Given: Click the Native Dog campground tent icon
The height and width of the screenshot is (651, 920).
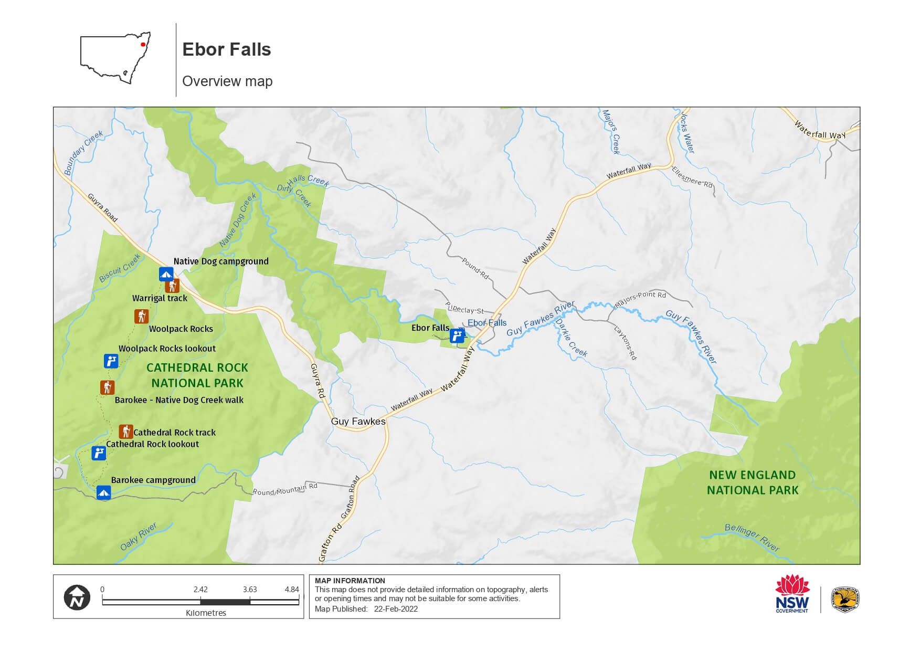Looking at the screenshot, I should point(166,274).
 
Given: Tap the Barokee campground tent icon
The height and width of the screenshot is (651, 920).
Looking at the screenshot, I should point(103,492).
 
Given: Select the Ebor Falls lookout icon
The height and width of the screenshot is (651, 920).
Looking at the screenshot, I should point(457,335).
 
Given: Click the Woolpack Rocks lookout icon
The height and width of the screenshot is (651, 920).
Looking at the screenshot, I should point(111,361).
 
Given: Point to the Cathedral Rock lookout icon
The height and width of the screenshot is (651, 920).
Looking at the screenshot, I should point(99,453).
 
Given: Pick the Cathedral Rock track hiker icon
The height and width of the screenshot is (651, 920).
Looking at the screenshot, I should point(125,432).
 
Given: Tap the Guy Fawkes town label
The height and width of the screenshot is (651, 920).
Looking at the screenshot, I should point(358,421).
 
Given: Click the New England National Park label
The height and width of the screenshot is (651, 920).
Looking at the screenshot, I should point(753,482).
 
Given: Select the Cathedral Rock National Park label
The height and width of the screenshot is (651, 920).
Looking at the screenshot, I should point(197,375).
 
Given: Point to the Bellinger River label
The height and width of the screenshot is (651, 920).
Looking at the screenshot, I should point(752,537).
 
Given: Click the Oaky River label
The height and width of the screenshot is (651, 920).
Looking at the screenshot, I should point(139,536).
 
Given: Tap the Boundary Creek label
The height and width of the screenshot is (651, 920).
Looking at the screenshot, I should point(83,152).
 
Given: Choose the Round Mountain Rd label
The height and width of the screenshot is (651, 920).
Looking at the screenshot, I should point(285,489).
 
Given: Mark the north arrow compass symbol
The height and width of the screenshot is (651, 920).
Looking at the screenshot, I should point(77,597).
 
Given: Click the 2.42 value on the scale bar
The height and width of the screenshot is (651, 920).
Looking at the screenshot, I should point(200,589).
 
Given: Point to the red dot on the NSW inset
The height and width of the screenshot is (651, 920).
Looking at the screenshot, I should point(143,45).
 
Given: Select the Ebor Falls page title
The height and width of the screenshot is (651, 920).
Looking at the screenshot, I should point(226,49).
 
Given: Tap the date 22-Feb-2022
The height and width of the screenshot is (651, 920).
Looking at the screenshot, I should point(396,609).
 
